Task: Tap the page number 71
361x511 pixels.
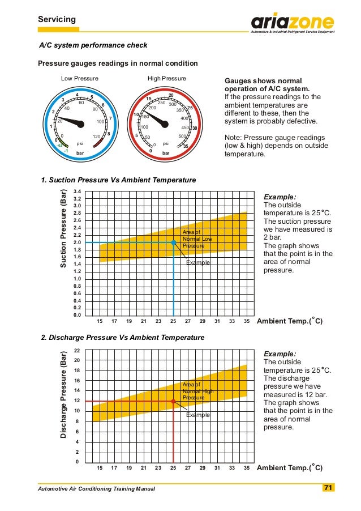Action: click(x=328, y=488)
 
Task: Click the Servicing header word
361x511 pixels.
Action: click(x=57, y=20)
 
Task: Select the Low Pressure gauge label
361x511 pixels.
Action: click(x=80, y=78)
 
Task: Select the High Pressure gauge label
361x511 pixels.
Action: click(x=166, y=78)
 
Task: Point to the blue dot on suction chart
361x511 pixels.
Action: click(x=173, y=242)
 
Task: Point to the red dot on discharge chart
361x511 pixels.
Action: click(x=173, y=402)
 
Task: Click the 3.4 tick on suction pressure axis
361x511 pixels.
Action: click(x=78, y=192)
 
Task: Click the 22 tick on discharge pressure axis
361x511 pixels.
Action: click(x=78, y=351)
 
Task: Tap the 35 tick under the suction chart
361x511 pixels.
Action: click(x=246, y=321)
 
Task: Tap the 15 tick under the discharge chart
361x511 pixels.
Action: click(x=100, y=469)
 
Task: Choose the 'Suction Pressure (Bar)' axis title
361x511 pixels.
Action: click(x=63, y=228)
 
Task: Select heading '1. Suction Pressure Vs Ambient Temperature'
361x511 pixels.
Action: click(x=119, y=180)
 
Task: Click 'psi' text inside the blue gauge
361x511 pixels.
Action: click(x=80, y=143)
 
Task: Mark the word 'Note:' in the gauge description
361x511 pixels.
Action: click(x=234, y=137)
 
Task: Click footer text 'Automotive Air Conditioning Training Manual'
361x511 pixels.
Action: click(x=96, y=488)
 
